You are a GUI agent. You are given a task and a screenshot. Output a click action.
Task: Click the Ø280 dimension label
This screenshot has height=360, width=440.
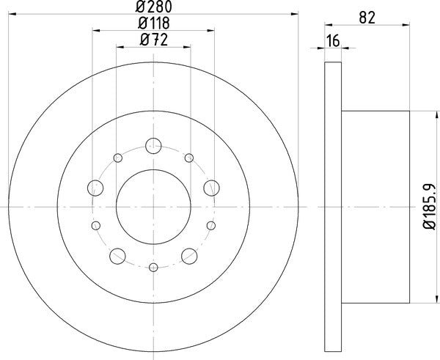click(154, 7)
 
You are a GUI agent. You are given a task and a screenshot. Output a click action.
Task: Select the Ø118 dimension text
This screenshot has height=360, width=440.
click(154, 24)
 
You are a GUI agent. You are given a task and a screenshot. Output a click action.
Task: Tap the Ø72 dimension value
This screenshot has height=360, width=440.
click(154, 41)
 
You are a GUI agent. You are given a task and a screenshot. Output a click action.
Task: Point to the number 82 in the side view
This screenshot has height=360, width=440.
click(369, 18)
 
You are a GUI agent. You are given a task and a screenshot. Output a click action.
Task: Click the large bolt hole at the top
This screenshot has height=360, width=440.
click(153, 144)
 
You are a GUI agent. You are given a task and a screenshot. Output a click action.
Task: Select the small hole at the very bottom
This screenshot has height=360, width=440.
click(153, 268)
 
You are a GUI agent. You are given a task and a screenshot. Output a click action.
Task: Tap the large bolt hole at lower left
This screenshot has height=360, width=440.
click(117, 255)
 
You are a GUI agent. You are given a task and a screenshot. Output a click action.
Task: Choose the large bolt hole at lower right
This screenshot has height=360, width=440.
click(189, 255)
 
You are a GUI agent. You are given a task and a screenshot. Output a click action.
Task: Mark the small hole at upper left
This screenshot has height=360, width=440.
click(117, 158)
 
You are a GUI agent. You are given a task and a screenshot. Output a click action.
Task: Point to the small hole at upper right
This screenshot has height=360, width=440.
click(189, 158)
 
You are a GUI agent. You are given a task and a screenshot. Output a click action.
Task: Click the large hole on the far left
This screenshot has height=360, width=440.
click(95, 188)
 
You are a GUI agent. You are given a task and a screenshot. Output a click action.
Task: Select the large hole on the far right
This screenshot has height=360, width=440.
click(212, 188)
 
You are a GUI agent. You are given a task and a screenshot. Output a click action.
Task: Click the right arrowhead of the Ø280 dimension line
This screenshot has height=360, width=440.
click(294, 13)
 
